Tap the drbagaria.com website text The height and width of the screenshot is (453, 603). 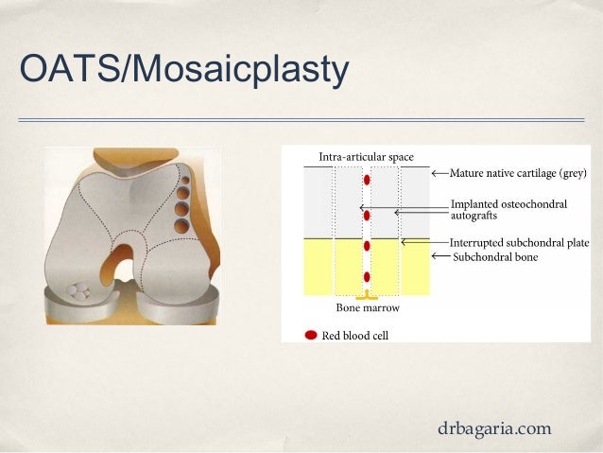click(x=494, y=428)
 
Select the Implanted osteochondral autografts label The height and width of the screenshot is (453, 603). click(x=498, y=209)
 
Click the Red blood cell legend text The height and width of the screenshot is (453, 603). click(x=355, y=335)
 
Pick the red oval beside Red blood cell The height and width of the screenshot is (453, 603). click(x=311, y=335)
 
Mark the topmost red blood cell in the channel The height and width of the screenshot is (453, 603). click(x=367, y=180)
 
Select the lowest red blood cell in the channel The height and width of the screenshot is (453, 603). click(x=367, y=277)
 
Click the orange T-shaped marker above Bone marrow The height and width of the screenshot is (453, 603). click(x=367, y=296)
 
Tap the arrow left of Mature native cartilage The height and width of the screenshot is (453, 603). click(x=439, y=173)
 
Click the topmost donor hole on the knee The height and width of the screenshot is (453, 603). click(x=186, y=178)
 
